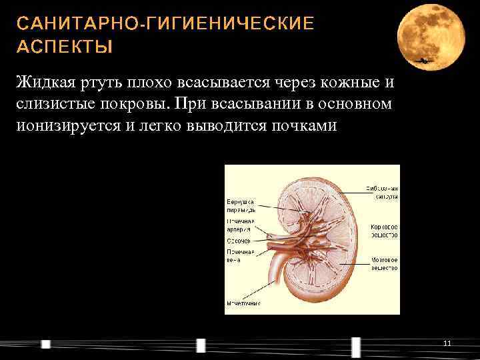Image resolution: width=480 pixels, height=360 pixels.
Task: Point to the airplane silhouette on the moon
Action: pyautogui.click(x=424, y=61)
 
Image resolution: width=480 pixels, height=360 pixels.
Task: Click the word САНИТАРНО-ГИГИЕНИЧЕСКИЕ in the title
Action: pyautogui.click(x=165, y=24)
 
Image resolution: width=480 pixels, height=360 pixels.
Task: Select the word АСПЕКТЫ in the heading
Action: pyautogui.click(x=65, y=48)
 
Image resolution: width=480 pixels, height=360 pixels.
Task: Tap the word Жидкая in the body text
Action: pyautogui.click(x=41, y=83)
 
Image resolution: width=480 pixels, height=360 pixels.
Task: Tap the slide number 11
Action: pyautogui.click(x=447, y=343)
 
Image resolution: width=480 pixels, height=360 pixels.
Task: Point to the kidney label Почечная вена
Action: pyautogui.click(x=239, y=255)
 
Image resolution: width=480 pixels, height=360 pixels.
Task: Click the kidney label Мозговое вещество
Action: pyautogui.click(x=385, y=263)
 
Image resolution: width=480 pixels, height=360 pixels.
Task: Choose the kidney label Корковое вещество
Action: pyautogui.click(x=385, y=231)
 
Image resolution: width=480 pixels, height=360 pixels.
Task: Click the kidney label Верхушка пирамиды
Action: pyautogui.click(x=241, y=205)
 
